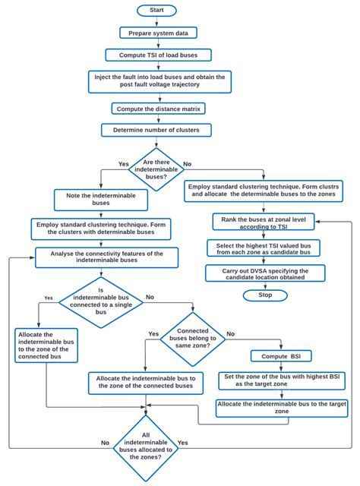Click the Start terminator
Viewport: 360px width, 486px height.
coord(158,10)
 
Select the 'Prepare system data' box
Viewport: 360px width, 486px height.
coord(158,33)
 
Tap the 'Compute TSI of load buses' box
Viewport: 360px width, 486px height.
coord(158,55)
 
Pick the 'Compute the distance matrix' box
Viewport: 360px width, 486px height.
coord(158,109)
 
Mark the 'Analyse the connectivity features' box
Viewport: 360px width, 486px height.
coord(106,257)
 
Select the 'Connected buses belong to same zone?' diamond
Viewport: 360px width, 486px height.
coord(194,337)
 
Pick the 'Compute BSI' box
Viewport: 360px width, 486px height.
coord(281,355)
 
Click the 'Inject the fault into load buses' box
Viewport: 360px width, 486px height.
coord(158,81)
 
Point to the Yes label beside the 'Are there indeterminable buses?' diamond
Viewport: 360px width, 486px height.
coord(124,163)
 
